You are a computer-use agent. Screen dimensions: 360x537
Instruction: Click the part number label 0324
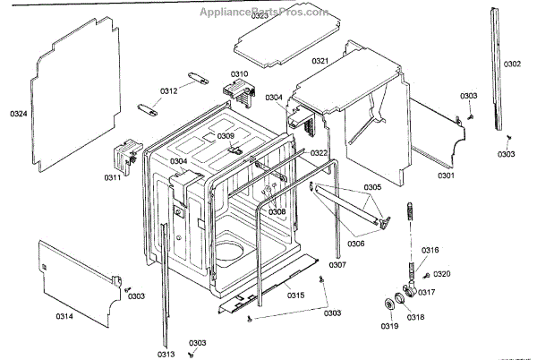(18, 114)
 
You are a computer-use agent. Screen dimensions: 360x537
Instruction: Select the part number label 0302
(512, 64)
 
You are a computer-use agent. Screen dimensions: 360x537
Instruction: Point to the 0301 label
(446, 176)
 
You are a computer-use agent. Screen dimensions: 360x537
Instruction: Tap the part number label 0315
(295, 295)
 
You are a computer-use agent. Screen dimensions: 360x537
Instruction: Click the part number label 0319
(389, 327)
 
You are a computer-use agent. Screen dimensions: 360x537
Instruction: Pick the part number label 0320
(442, 273)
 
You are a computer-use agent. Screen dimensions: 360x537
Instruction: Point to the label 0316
(430, 250)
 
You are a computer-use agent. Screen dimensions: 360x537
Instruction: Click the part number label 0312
(169, 91)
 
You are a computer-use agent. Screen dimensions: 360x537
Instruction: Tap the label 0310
(239, 74)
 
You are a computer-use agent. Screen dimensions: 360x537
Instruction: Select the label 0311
(112, 178)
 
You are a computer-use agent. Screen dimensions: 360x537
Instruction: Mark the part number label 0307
(337, 265)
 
